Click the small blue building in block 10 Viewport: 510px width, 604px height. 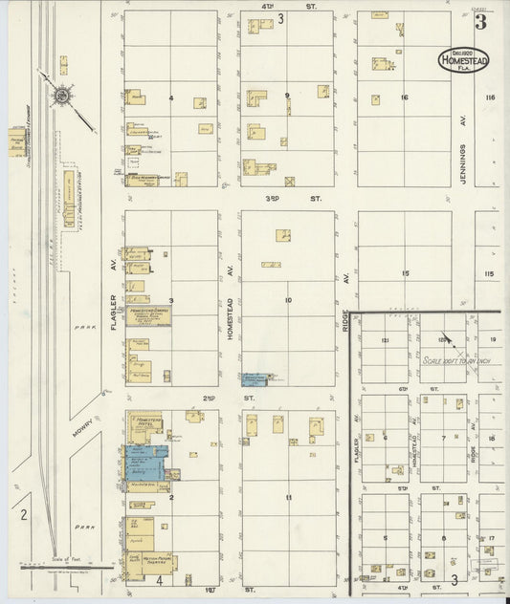[x=255, y=379]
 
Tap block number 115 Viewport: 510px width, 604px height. [x=489, y=274]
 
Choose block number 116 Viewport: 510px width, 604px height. [x=491, y=97]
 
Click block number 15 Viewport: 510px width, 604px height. [x=405, y=273]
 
